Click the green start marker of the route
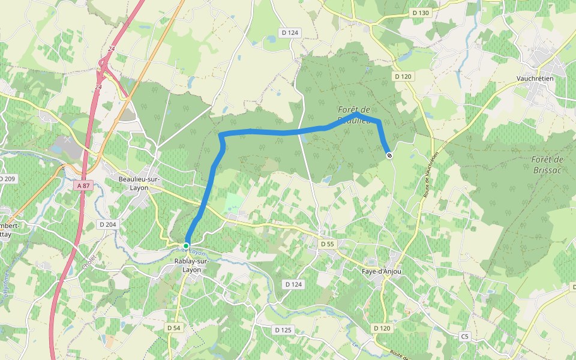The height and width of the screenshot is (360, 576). [x=186, y=246]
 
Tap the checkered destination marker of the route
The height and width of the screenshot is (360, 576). [x=389, y=156]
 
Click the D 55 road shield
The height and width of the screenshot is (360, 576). [x=327, y=244]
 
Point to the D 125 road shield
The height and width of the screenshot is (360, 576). [x=283, y=330]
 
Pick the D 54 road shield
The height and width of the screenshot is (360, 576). [x=173, y=328]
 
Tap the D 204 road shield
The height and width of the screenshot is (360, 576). [x=107, y=224]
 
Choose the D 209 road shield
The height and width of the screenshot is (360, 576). [x=7, y=179]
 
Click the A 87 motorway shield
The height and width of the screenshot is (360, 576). [x=83, y=186]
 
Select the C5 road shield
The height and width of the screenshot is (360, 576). [x=465, y=337]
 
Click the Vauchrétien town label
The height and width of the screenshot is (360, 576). [x=535, y=78]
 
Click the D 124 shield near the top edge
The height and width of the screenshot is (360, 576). [x=290, y=32]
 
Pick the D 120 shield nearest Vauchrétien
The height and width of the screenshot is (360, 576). [x=404, y=76]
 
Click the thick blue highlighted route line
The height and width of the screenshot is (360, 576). [x=270, y=131]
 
